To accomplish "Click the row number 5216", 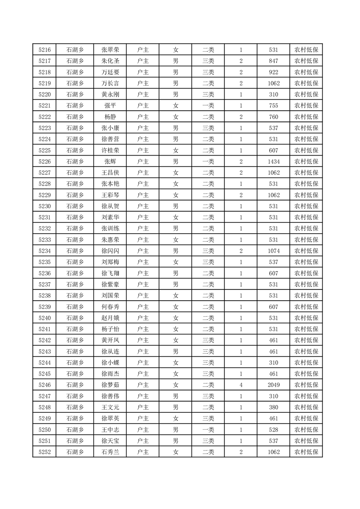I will coord(44,50).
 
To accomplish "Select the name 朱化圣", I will coord(110,61).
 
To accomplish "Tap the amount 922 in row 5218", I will coord(273,72).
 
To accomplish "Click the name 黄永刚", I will coord(110,95).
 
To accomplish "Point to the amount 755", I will coord(273,106).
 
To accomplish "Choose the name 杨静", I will coord(110,117).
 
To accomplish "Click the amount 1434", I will coord(273,162).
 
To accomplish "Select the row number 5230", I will coord(44,206).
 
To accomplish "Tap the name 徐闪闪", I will coord(110,251).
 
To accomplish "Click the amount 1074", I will coord(273,251).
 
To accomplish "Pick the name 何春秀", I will coord(110,307).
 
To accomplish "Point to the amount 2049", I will coord(273,385).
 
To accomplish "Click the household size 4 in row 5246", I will coord(241,385).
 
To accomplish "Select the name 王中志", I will coord(110,430).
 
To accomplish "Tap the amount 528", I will coord(273,430).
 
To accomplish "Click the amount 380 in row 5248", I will coord(273,407).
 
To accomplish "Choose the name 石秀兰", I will coord(110,452).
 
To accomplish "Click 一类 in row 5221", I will coord(208,106).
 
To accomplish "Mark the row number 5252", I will coord(44,452).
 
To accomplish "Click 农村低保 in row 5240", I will coord(306,318).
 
